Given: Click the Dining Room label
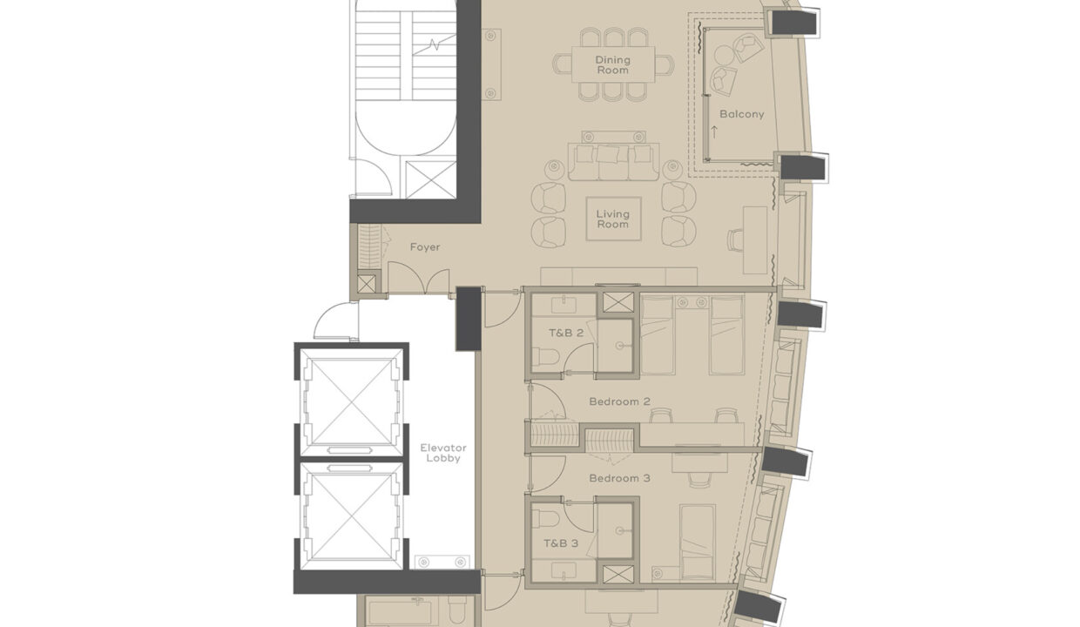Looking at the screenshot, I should (612, 64).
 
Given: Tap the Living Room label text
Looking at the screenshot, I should (612, 219).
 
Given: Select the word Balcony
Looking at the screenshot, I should (741, 114).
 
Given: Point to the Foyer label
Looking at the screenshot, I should (425, 247).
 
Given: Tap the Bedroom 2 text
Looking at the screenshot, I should (619, 401).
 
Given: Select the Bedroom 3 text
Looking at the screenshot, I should (619, 478).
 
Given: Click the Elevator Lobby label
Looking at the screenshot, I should (443, 453).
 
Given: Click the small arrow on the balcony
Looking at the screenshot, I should (714, 132).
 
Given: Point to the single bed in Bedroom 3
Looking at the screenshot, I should (697, 541).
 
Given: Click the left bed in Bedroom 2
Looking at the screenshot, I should (658, 335).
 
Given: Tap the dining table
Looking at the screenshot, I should (612, 64).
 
